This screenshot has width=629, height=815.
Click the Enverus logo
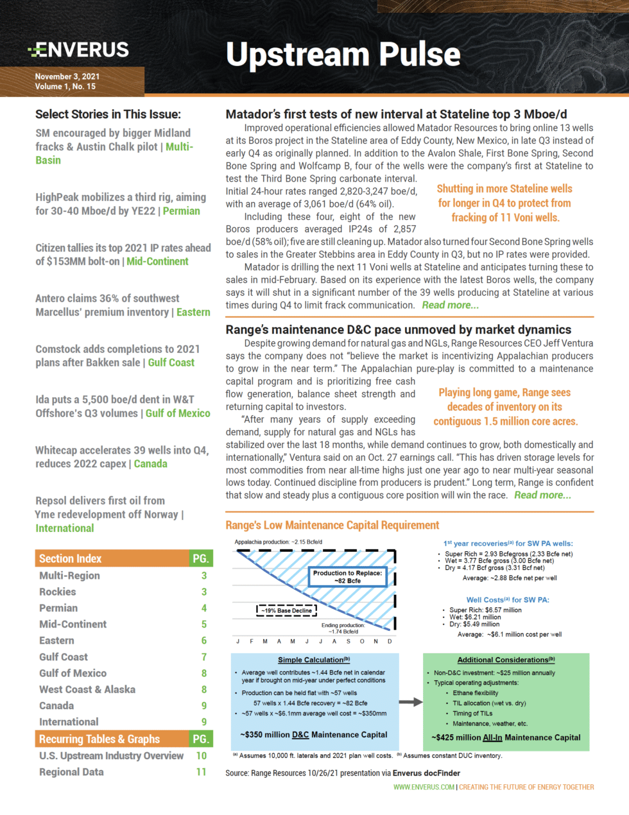[x=78, y=50]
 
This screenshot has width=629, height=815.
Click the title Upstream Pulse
[x=343, y=55]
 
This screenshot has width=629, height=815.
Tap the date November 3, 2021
[x=67, y=76]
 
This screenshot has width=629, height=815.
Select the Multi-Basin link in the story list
[x=178, y=147]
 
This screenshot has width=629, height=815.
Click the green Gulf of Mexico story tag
[x=178, y=413]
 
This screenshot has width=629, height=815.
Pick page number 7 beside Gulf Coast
[x=204, y=656]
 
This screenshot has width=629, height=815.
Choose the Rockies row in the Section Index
[x=58, y=592]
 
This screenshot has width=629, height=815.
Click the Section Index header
[x=71, y=558]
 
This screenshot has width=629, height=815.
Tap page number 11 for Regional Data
[x=201, y=771]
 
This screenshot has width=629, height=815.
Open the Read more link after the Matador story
[x=450, y=305]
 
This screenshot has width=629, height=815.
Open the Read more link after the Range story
[x=542, y=495]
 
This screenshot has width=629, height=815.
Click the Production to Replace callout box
[x=347, y=576]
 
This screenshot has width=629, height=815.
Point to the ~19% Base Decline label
[x=286, y=610]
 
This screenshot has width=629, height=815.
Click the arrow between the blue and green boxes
[x=411, y=702]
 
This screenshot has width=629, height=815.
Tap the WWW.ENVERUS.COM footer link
[x=424, y=787]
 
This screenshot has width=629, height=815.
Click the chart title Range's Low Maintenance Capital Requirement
[x=332, y=525]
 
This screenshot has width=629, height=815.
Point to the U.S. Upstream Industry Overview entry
[x=111, y=755]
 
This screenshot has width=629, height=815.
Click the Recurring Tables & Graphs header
[x=99, y=739]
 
